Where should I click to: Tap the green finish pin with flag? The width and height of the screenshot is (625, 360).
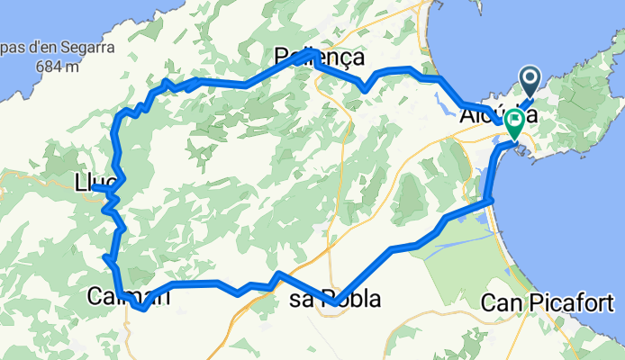point(515,122)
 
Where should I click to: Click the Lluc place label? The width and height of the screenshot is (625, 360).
point(94,183)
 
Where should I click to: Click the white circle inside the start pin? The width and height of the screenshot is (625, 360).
point(528,78)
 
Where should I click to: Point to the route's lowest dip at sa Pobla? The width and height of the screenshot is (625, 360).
point(334,304)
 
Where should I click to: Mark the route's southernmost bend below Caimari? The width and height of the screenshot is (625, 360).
point(142,309)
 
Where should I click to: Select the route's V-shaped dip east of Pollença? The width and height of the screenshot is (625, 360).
point(363,88)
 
